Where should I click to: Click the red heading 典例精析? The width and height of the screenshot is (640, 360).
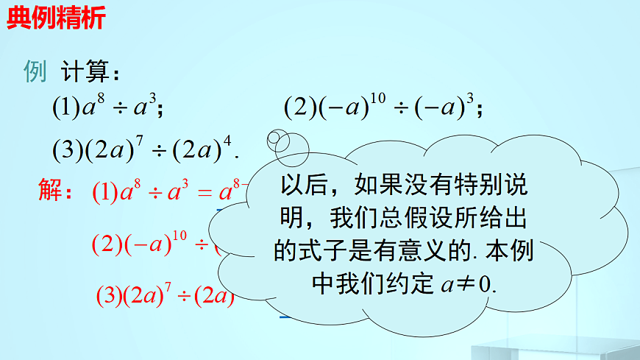tap(56, 18)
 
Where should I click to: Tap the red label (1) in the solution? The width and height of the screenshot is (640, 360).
tap(106, 194)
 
